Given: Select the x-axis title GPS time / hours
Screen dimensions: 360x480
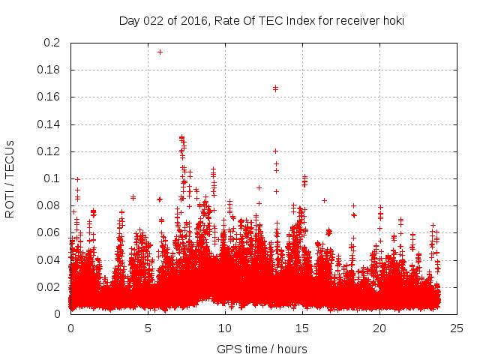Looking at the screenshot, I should pos(262,349).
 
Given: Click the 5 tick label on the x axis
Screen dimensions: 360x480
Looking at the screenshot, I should pos(148,328).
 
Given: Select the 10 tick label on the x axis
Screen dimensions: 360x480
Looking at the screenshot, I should pos(225,328).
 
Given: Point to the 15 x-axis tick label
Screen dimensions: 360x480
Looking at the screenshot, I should pos(302,328).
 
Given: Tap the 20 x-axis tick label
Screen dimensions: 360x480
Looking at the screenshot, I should pos(379,328).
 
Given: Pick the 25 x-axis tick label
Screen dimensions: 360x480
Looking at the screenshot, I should pos(457,328).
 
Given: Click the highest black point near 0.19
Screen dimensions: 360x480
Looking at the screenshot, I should pos(160,52).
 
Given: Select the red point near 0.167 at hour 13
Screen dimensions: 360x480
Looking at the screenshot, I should pos(275,88).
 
